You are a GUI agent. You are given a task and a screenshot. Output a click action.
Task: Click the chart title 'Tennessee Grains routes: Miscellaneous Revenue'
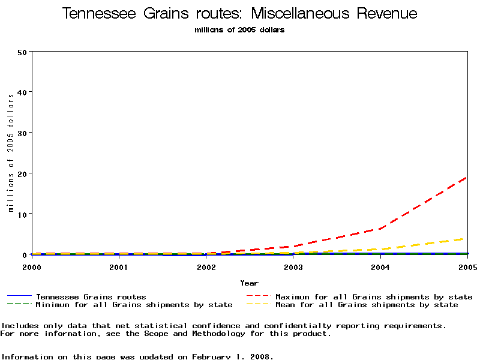click(x=240, y=14)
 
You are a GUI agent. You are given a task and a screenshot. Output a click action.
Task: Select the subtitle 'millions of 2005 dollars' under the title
click(x=240, y=30)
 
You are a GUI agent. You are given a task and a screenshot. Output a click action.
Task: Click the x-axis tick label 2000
click(x=32, y=266)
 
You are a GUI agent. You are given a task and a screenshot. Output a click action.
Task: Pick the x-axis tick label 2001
click(x=119, y=266)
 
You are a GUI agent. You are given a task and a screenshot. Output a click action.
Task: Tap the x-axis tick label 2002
click(x=206, y=266)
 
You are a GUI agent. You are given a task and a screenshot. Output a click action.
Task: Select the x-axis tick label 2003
click(x=293, y=266)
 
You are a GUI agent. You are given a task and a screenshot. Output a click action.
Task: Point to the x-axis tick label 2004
click(x=380, y=266)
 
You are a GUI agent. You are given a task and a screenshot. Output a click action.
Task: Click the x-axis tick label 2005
click(x=466, y=266)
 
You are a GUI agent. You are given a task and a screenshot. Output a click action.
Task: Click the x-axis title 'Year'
click(x=249, y=283)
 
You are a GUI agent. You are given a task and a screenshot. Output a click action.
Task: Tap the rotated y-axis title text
click(x=11, y=153)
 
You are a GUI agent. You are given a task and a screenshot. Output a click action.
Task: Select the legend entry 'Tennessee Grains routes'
click(x=91, y=297)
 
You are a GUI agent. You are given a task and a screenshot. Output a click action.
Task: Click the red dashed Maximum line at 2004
click(x=380, y=228)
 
